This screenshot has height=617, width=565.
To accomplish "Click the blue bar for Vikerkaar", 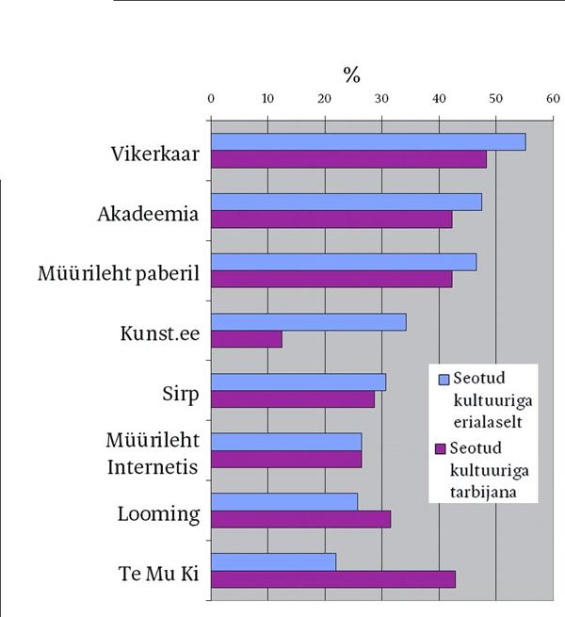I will pyautogui.click(x=367, y=142).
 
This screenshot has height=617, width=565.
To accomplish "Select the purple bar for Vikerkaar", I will pyautogui.click(x=348, y=159).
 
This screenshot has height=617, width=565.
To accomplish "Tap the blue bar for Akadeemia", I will pyautogui.click(x=346, y=202).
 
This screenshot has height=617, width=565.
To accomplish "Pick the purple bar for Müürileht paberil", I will pyautogui.click(x=331, y=279).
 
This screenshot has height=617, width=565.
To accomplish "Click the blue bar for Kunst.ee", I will pyautogui.click(x=308, y=322).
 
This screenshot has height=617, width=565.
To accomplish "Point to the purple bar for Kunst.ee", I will pyautogui.click(x=246, y=339).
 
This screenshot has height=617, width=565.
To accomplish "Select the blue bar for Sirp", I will pyautogui.click(x=298, y=382).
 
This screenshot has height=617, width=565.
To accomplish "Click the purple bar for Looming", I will pyautogui.click(x=300, y=519).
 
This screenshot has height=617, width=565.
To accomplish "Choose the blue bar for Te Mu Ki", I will pyautogui.click(x=273, y=561).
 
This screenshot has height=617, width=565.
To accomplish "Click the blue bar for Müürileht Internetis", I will pyautogui.click(x=285, y=442).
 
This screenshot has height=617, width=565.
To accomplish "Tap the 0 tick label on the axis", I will pyautogui.click(x=211, y=97).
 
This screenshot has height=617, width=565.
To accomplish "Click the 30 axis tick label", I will pyautogui.click(x=381, y=97).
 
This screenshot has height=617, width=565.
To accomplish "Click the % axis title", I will pyautogui.click(x=350, y=74).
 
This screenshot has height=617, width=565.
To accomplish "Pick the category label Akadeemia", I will pyautogui.click(x=148, y=213).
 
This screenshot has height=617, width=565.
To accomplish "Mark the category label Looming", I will pyautogui.click(x=158, y=514).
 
